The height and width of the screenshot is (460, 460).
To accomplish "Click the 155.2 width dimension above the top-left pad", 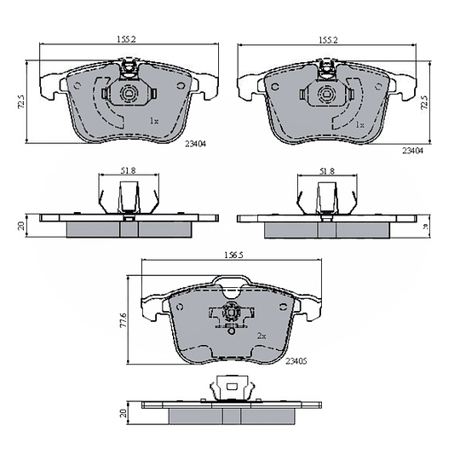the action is pyautogui.click(x=126, y=39).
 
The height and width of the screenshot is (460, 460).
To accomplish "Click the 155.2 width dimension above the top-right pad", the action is pyautogui.click(x=328, y=40).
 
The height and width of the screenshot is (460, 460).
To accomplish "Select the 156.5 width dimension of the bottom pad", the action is pyautogui.click(x=233, y=256).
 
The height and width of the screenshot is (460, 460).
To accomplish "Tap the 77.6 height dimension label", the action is pyautogui.click(x=123, y=320).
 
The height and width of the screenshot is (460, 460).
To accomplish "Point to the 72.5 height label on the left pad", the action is pyautogui.click(x=21, y=102).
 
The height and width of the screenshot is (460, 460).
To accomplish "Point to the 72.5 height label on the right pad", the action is pyautogui.click(x=424, y=103).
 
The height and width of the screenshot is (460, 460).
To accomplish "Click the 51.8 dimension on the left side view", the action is pyautogui.click(x=128, y=170).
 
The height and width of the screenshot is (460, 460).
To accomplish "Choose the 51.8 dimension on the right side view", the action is pyautogui.click(x=327, y=171).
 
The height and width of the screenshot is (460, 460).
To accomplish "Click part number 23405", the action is pyautogui.click(x=296, y=361).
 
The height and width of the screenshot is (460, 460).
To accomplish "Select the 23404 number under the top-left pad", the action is pyautogui.click(x=196, y=144).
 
